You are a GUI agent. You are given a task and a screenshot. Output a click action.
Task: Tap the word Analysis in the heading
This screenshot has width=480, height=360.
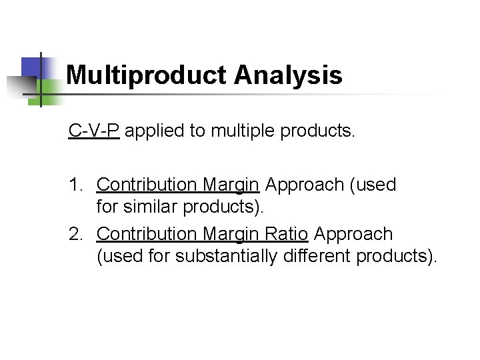[x=289, y=75]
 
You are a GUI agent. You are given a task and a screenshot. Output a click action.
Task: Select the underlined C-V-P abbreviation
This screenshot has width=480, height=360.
[x=94, y=130]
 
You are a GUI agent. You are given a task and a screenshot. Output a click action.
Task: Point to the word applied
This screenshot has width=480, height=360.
[x=155, y=131]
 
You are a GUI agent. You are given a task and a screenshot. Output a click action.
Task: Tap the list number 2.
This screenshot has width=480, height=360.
[x=75, y=234]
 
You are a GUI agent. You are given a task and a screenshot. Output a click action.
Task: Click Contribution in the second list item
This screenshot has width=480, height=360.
[x=147, y=234]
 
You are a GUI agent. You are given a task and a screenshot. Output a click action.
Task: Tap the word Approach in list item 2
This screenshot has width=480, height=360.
[x=353, y=234]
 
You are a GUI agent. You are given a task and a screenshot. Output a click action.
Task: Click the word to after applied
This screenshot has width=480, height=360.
[x=197, y=131]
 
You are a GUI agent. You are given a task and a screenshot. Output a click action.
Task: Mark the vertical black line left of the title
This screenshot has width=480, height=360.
[x=41, y=80]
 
